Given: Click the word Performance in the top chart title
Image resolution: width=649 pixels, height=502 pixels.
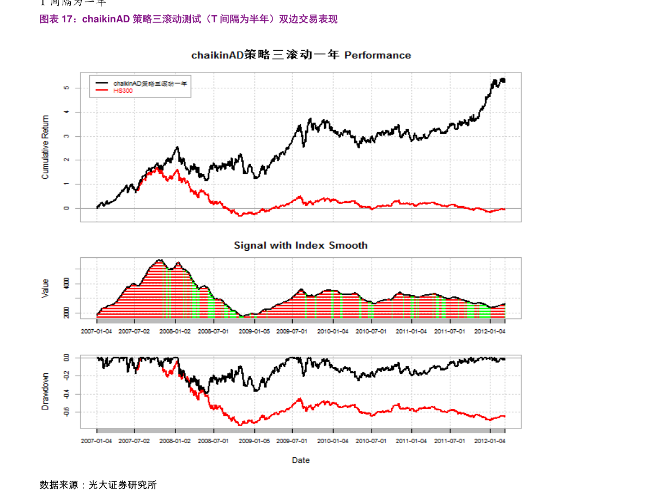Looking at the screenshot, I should pos(378,55).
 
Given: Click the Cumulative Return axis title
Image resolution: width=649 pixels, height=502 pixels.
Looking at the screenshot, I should pos(46,147).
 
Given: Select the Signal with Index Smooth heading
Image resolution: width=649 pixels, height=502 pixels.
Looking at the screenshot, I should pos(300,245).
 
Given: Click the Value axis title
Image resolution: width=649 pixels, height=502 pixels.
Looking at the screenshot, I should pos(46,288).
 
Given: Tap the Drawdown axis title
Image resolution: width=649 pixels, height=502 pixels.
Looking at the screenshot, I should pos(46,391).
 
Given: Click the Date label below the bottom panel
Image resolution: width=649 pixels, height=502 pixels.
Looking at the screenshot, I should pos(300,460).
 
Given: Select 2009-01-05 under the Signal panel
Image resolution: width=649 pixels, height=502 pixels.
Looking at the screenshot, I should pos(254,331).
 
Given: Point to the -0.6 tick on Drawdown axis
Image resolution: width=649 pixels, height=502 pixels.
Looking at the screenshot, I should pos(66,412).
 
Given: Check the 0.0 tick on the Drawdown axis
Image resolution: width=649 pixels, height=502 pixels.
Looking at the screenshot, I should pos(66,358).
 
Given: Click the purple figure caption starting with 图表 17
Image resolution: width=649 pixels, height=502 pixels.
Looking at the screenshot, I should pos(189,19).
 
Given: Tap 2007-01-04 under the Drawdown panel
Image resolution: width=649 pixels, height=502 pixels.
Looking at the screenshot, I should pos(96,440).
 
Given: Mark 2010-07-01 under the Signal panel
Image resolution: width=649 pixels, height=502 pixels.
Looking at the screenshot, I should pos(372,331).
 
